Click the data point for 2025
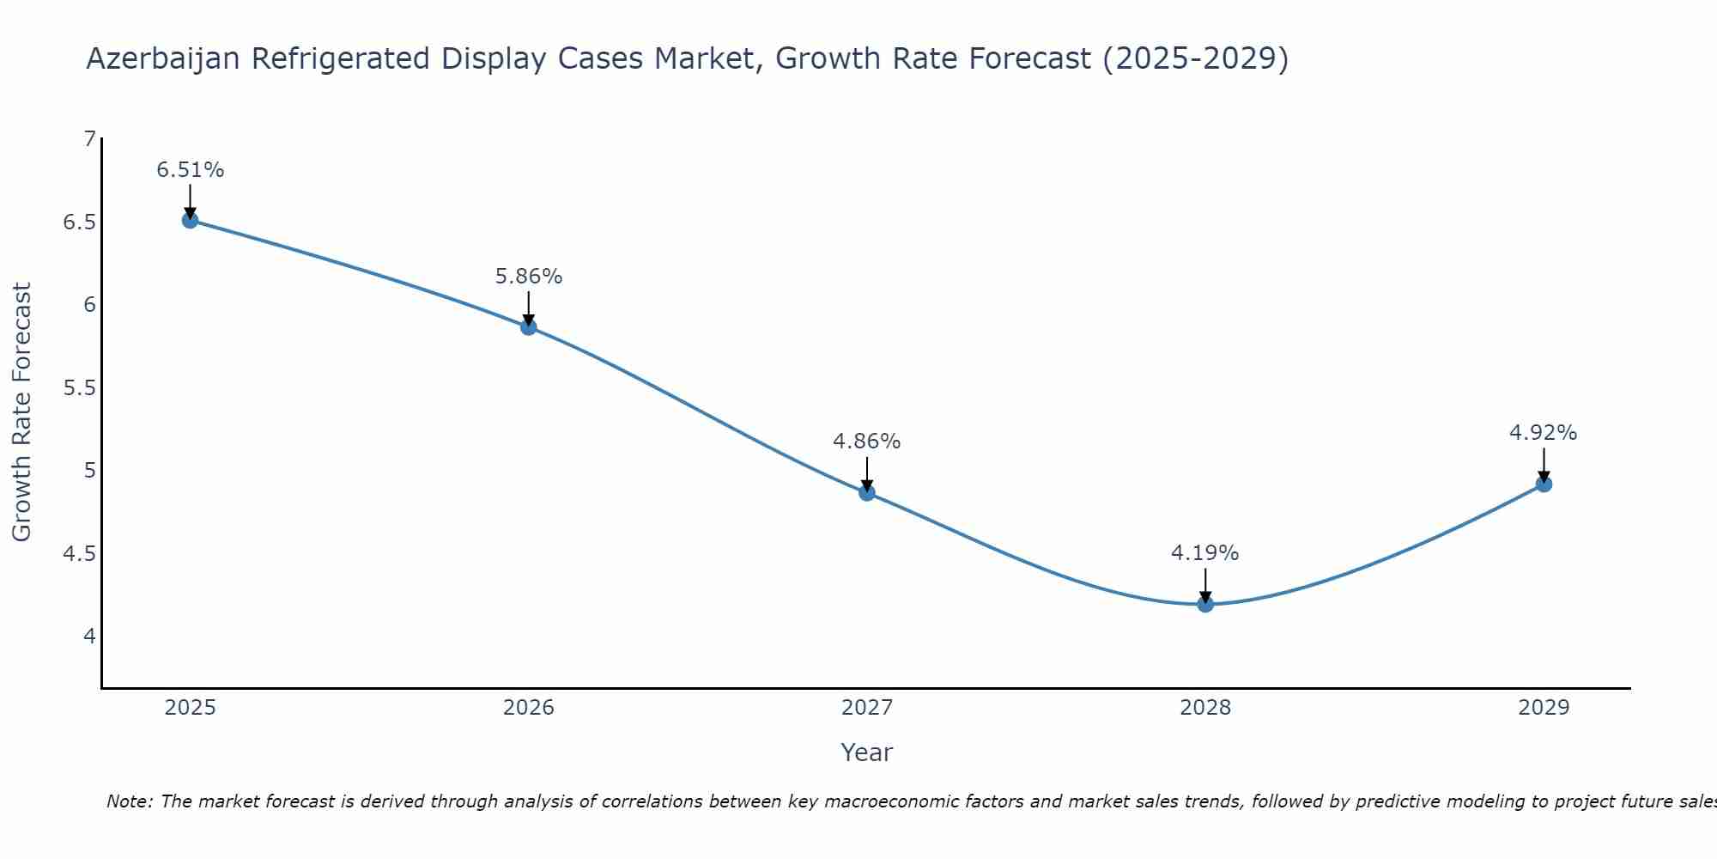[190, 220]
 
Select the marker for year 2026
[528, 327]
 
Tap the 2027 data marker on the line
[867, 492]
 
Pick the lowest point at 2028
[1205, 604]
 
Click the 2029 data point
[1544, 484]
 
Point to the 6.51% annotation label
[190, 170]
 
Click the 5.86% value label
[528, 277]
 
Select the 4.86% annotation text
[867, 442]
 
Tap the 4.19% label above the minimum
[1205, 553]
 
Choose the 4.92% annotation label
[1544, 433]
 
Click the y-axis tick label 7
[89, 138]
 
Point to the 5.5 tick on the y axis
[79, 387]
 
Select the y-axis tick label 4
[89, 637]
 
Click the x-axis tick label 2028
[1205, 708]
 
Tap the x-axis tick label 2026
[528, 708]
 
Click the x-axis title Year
[867, 752]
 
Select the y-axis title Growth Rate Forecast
[21, 412]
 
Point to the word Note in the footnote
[128, 801]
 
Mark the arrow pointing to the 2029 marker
[1544, 464]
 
